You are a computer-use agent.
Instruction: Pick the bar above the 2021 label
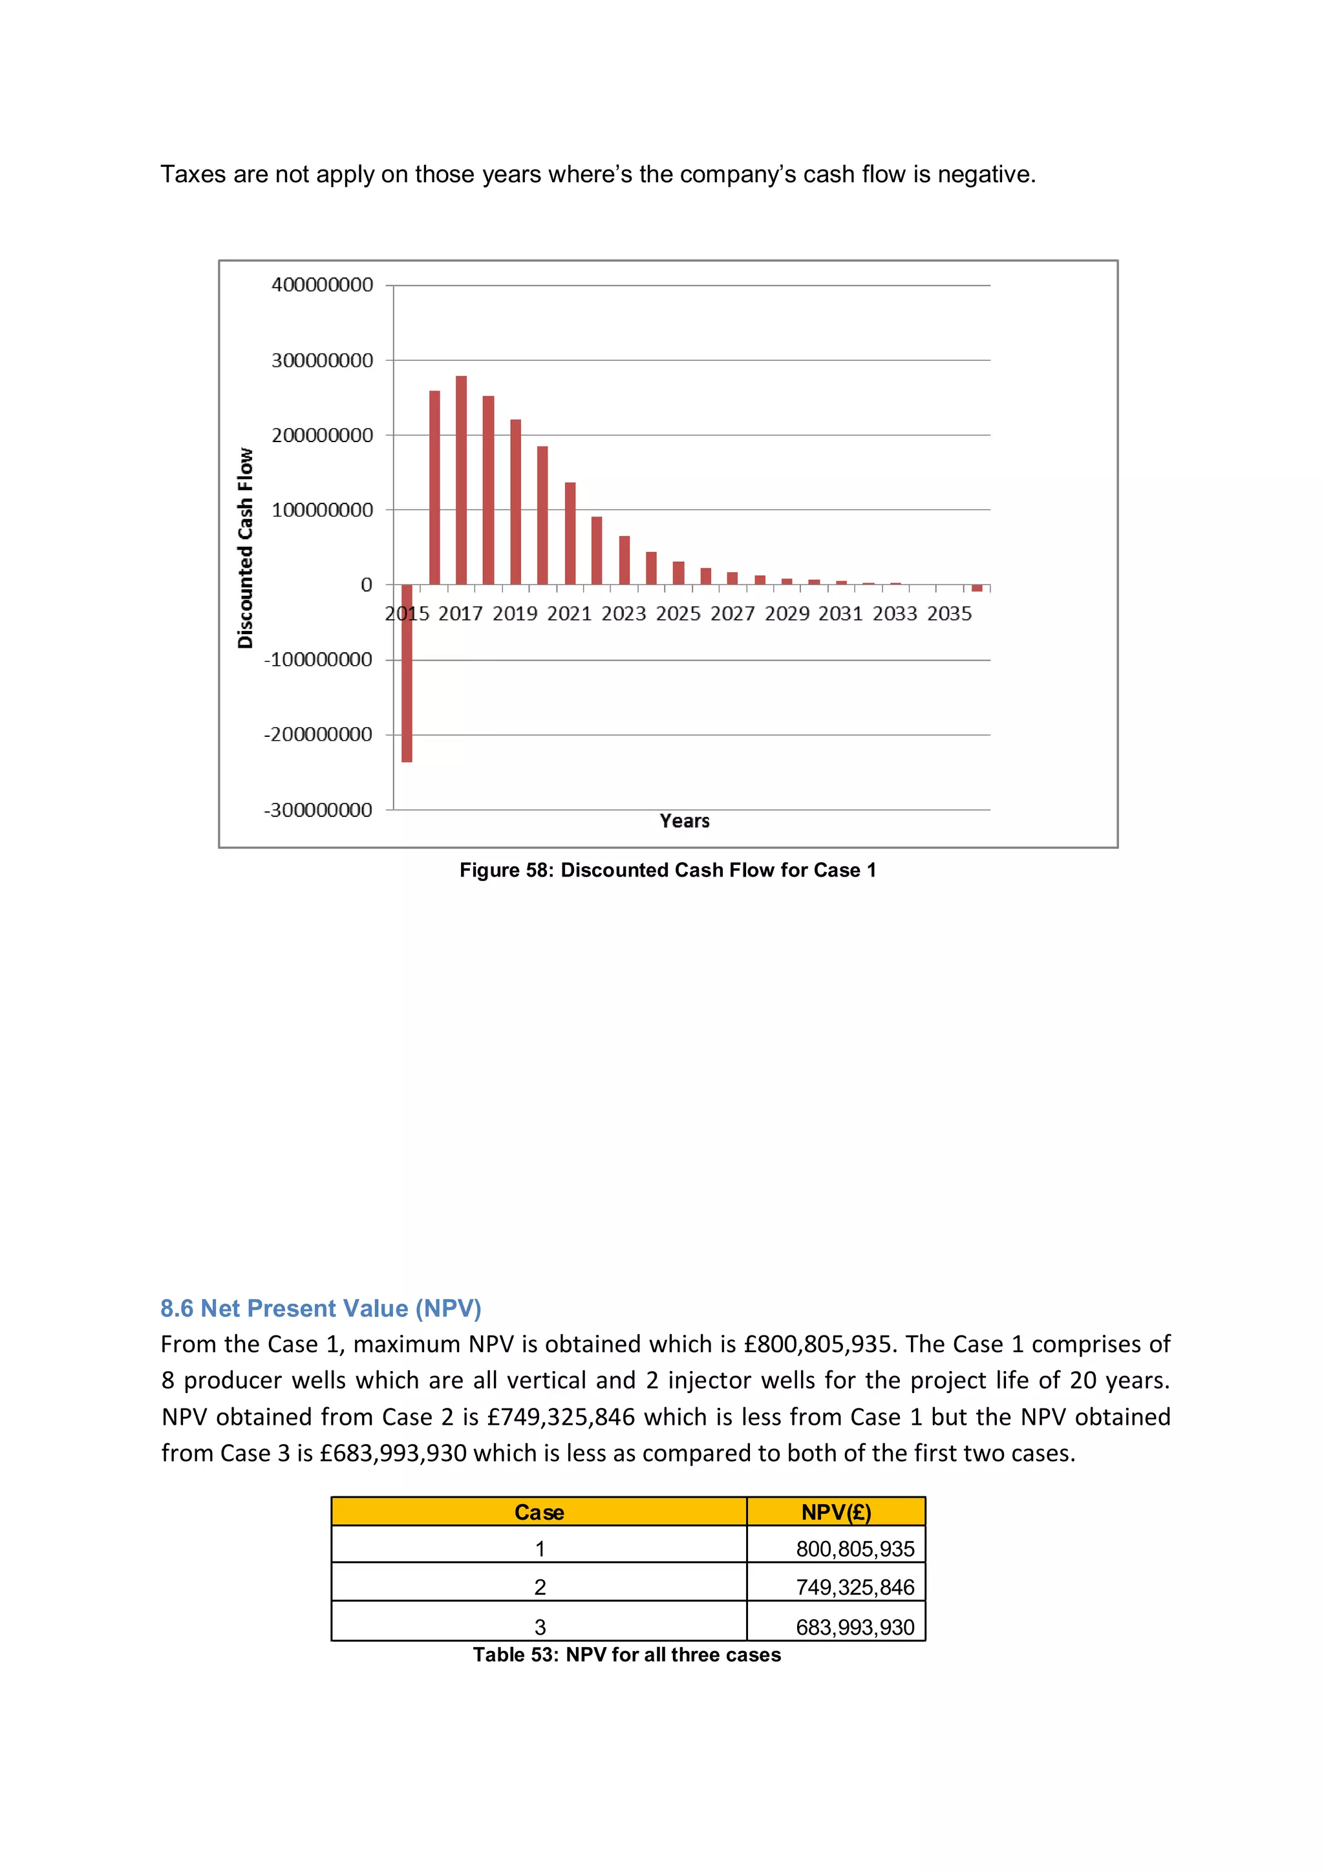(x=570, y=533)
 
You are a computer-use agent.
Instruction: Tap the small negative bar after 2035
(x=977, y=588)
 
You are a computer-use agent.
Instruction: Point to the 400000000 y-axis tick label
(x=322, y=285)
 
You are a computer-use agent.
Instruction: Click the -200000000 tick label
(x=318, y=734)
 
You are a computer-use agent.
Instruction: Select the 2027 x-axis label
(x=732, y=614)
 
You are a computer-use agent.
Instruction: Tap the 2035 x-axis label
(x=949, y=614)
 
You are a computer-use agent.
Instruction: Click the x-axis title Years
(x=684, y=821)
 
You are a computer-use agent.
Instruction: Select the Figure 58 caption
(x=667, y=870)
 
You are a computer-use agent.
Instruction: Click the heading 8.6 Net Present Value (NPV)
(x=321, y=1308)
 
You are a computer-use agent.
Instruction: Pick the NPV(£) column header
(x=836, y=1513)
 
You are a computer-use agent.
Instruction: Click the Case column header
(x=539, y=1513)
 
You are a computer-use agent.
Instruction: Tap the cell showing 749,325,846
(x=855, y=1588)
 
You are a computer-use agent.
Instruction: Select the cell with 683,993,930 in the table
(x=855, y=1628)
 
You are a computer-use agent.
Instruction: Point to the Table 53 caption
(x=626, y=1654)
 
